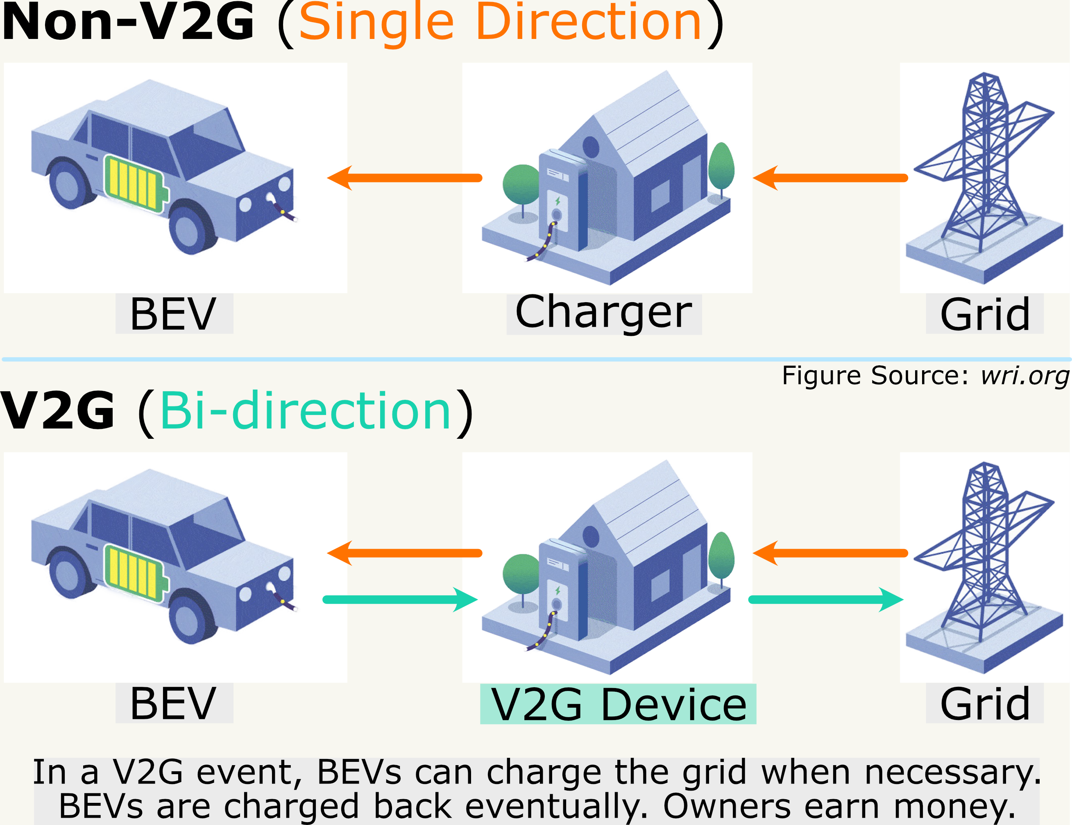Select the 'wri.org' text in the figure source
[x=1024, y=376]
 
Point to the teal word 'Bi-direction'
[x=305, y=410]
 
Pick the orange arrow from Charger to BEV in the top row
[x=404, y=178]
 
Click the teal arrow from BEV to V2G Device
[x=400, y=599]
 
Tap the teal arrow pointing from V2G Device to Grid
[x=825, y=599]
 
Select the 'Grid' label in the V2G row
[x=985, y=704]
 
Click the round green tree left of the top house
[x=521, y=185]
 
